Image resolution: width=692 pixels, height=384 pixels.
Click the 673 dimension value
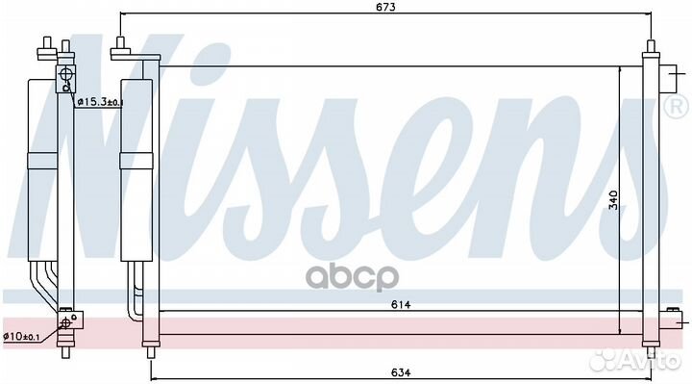point(386,7)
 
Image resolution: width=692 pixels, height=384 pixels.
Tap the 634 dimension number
point(401,372)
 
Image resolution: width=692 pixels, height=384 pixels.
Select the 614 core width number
point(401,304)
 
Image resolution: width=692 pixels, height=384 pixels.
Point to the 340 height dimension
point(613,200)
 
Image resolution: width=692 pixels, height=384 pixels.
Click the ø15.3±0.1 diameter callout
point(101,102)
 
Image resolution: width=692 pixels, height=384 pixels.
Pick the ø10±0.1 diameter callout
point(21,336)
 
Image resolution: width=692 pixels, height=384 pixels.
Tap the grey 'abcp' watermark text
point(352,277)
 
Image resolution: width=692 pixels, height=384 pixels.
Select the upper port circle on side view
point(65,74)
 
